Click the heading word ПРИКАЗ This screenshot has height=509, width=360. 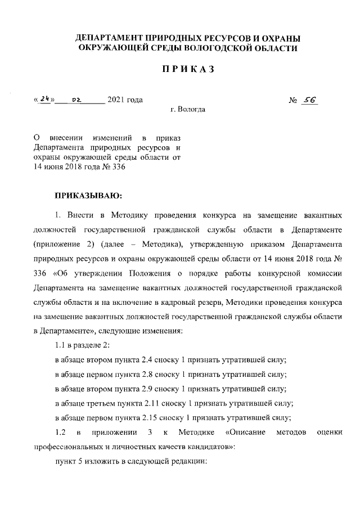click(188, 70)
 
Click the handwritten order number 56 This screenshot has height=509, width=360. click(310, 100)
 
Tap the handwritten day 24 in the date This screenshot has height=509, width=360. click(45, 99)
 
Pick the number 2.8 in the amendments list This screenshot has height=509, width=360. click(166, 373)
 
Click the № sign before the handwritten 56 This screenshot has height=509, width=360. click(292, 101)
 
